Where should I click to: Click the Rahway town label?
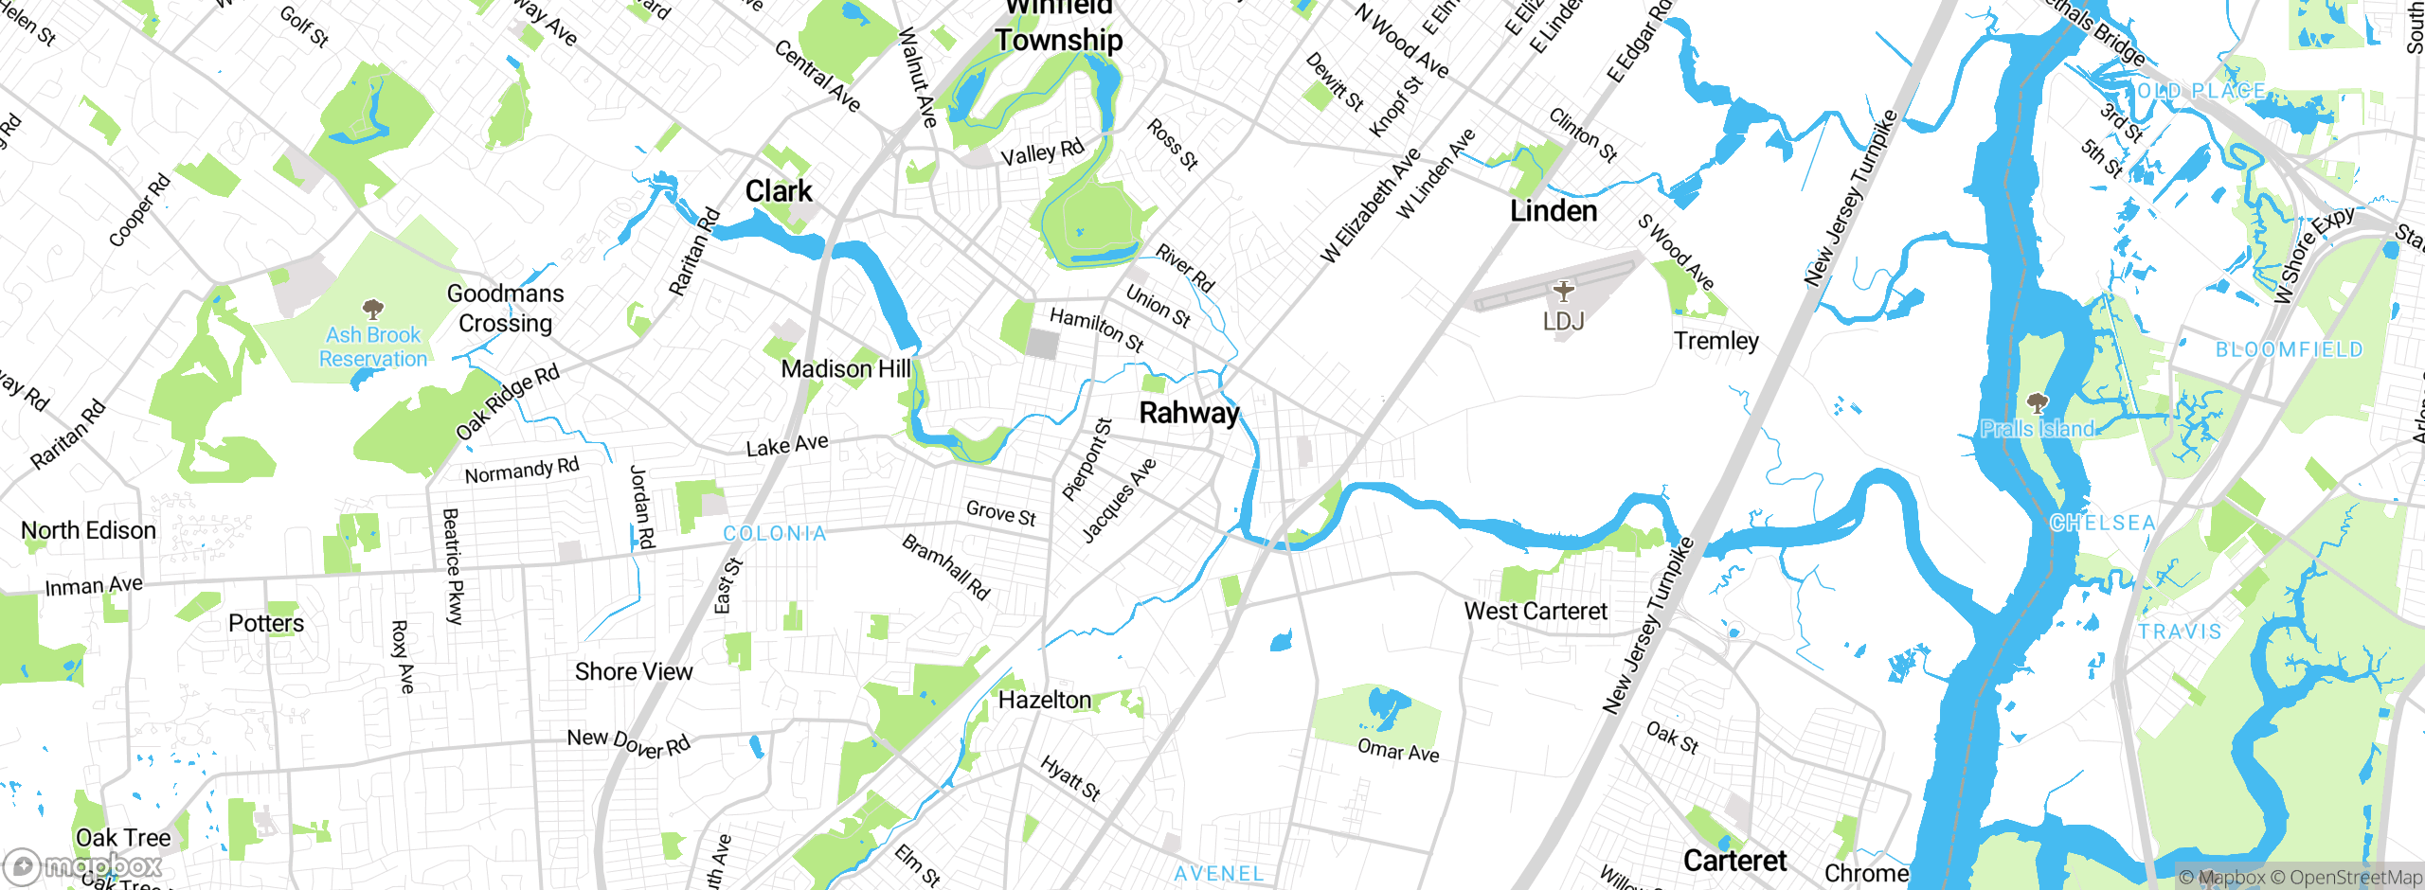pyautogui.click(x=1189, y=413)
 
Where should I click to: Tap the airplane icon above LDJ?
pyautogui.click(x=1563, y=291)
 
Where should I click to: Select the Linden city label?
pyautogui.click(x=1554, y=211)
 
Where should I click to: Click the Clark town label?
pyautogui.click(x=779, y=191)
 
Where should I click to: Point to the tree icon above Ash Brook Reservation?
pyautogui.click(x=373, y=309)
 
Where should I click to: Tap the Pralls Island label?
pyautogui.click(x=2038, y=429)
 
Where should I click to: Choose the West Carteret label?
pyautogui.click(x=1536, y=612)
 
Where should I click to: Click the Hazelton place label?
pyautogui.click(x=1045, y=700)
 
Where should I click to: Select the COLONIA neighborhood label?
pyautogui.click(x=775, y=534)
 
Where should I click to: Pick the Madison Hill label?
pyautogui.click(x=846, y=369)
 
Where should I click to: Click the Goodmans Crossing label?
pyautogui.click(x=506, y=309)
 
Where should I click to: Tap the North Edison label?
pyautogui.click(x=89, y=530)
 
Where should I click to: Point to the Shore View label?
pyautogui.click(x=634, y=671)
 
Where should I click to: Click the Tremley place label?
pyautogui.click(x=1715, y=341)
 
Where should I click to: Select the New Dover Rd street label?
pyautogui.click(x=629, y=743)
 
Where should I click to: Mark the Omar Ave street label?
pyautogui.click(x=1398, y=751)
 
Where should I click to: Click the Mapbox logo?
pyautogui.click(x=83, y=865)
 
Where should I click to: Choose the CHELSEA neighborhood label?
pyautogui.click(x=2102, y=524)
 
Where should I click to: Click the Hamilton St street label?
pyautogui.click(x=1097, y=329)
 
